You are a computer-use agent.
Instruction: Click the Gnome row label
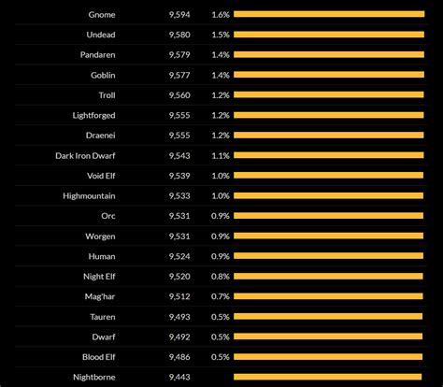coord(102,14)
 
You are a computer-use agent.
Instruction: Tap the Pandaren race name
coord(98,54)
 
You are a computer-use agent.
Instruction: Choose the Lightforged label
coord(94,115)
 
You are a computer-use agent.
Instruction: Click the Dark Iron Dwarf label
coord(86,155)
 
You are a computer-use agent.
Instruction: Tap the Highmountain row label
coord(90,195)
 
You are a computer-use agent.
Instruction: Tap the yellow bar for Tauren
coord(334,316)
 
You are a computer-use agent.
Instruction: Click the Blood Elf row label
coord(97,356)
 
